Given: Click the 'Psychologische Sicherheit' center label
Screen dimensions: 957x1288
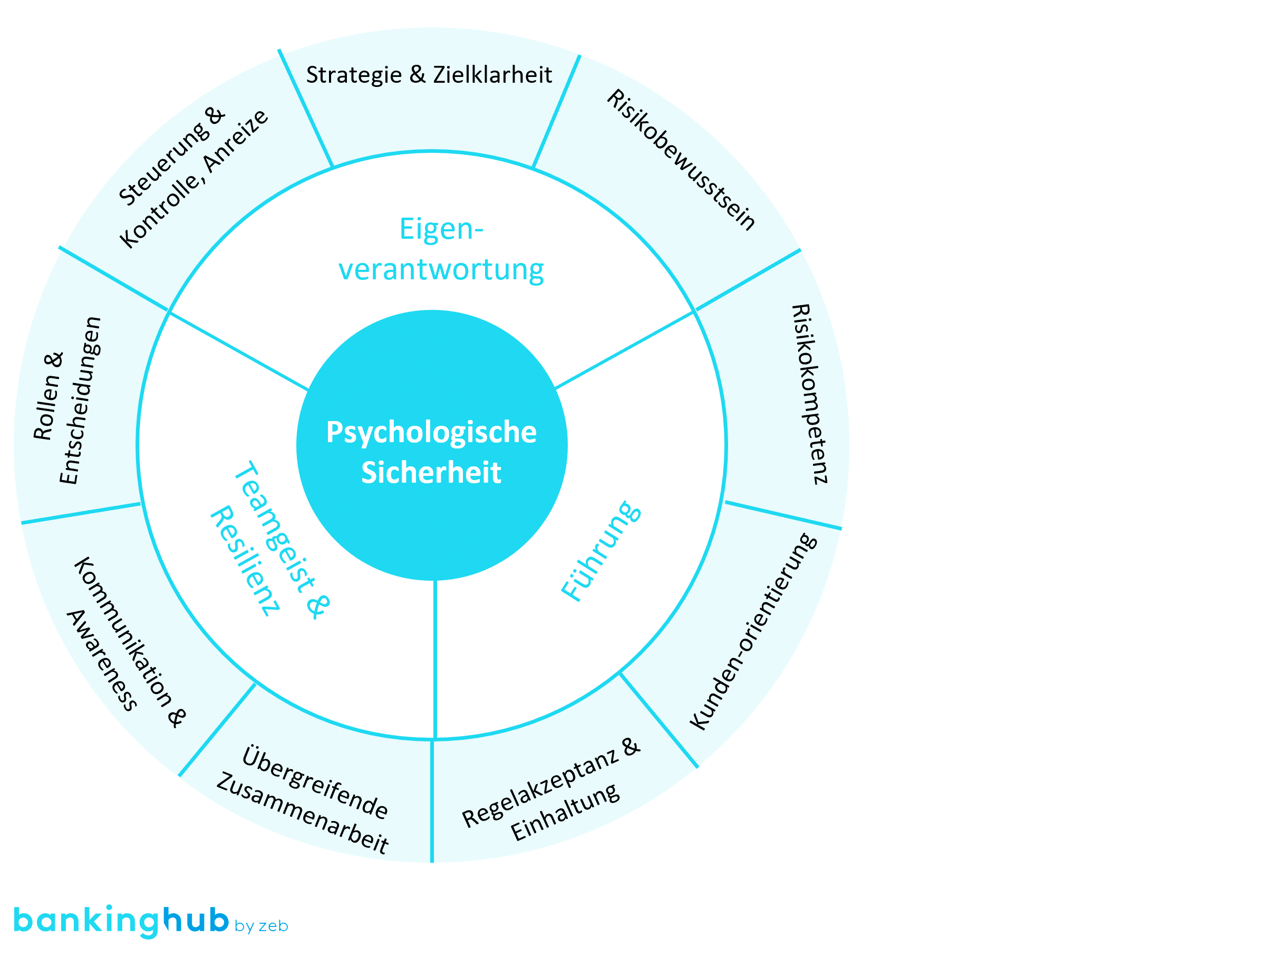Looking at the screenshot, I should [x=431, y=452].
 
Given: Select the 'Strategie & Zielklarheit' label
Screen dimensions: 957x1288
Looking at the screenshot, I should [x=429, y=75].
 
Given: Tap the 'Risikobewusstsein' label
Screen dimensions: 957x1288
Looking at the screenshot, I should [x=681, y=159].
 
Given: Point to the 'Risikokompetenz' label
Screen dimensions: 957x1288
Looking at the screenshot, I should [x=809, y=394].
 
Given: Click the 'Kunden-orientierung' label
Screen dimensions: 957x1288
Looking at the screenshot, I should [x=753, y=631].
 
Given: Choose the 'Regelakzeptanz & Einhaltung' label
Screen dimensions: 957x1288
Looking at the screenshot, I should [x=550, y=791].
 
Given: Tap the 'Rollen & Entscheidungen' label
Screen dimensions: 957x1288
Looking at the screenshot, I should [x=66, y=399].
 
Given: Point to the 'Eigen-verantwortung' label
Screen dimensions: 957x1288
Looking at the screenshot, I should [x=441, y=249].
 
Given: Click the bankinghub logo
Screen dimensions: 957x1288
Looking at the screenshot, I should [x=122, y=921].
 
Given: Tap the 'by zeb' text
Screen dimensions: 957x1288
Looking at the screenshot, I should [x=262, y=926].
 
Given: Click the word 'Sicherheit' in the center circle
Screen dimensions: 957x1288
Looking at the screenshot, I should [x=431, y=473].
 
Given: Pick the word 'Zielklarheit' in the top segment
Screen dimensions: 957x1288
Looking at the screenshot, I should [x=492, y=75].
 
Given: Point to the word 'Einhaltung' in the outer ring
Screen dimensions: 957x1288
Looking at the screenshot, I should [x=565, y=811].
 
